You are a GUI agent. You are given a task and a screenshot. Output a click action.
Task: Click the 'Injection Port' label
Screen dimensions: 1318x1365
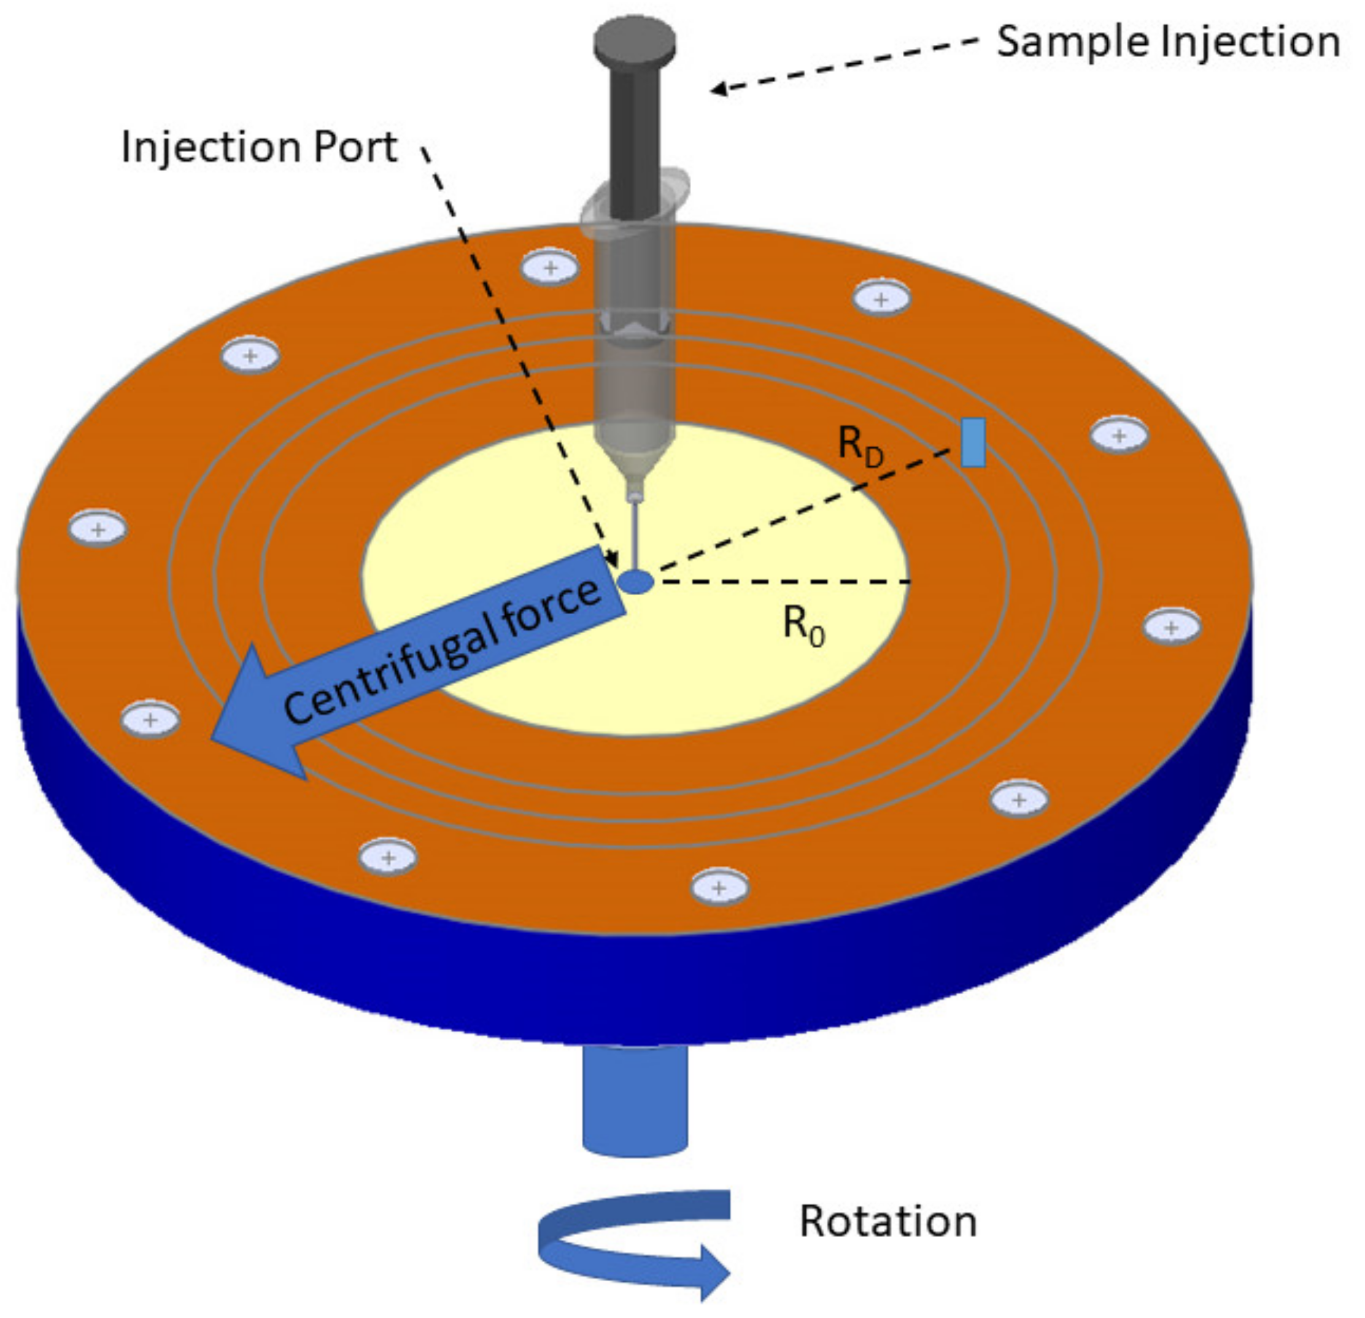click(x=259, y=148)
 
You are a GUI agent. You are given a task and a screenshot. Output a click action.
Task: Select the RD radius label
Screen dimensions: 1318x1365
click(x=859, y=445)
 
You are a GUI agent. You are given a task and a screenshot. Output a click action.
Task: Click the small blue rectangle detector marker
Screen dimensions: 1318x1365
click(x=973, y=442)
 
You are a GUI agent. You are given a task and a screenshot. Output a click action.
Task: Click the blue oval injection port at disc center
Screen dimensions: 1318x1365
click(x=636, y=581)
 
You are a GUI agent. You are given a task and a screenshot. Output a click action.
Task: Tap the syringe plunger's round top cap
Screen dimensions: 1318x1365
click(x=635, y=42)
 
